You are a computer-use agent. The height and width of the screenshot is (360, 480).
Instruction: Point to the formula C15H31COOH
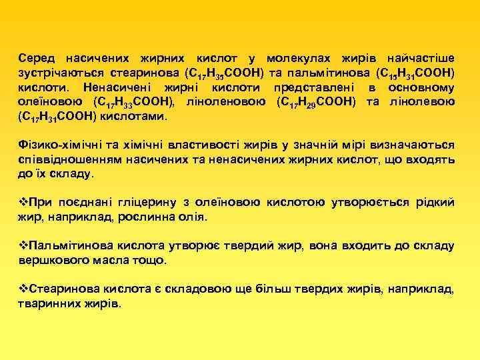coord(415,73)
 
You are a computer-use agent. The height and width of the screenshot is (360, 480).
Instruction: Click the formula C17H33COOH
coord(135,102)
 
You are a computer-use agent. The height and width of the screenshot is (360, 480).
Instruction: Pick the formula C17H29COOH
coord(316,102)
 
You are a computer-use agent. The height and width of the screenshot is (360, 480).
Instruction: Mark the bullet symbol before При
coord(23,203)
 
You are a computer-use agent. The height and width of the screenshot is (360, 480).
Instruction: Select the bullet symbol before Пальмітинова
coord(23,246)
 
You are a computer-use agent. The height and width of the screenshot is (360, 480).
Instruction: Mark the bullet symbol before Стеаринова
coord(23,289)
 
